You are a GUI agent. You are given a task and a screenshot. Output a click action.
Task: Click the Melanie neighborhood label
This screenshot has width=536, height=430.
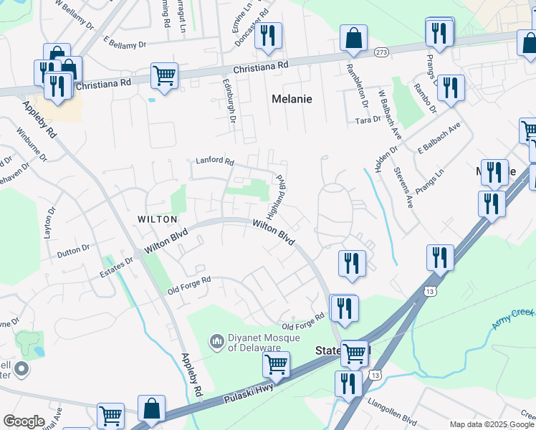click(292, 99)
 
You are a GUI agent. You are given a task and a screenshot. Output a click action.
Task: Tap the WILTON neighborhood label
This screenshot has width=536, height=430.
click(157, 219)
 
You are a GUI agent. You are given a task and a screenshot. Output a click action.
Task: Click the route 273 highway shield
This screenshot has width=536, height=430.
click(381, 52)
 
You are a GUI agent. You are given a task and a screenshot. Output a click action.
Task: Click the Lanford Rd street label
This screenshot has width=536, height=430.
click(215, 161)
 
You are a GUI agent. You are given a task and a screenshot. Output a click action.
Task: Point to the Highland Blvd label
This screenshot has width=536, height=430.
click(275, 196)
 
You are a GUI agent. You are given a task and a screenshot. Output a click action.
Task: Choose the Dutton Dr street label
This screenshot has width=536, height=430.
click(73, 249)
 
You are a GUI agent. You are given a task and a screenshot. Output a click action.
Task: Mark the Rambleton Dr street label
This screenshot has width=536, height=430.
click(357, 85)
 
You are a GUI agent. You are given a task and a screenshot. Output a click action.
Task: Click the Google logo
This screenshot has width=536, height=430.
click(24, 421)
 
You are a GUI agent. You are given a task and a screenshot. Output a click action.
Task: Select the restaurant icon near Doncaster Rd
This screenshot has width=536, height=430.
click(268, 36)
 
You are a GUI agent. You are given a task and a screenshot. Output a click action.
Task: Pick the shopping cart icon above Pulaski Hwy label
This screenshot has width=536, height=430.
click(276, 363)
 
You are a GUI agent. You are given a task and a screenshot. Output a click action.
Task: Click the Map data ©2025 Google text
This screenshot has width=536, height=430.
click(492, 424)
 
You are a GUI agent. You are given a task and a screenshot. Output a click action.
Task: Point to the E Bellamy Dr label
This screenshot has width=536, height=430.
click(125, 44)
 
